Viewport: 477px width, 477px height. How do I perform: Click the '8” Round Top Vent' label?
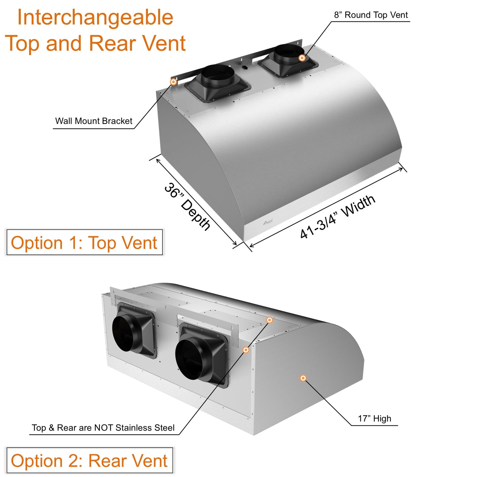point(371,15)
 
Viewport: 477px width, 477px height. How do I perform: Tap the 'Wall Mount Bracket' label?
point(93,121)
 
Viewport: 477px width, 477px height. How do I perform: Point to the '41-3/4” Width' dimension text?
point(337,217)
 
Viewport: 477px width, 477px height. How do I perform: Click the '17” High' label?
point(374,419)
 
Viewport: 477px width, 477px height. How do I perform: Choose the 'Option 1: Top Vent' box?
point(85,243)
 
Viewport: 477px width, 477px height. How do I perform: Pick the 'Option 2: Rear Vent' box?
point(89,460)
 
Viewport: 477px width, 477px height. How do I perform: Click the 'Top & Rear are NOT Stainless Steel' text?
point(103,428)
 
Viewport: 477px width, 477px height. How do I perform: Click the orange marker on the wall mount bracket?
point(173,82)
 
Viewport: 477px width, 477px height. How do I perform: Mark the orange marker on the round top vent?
point(302,58)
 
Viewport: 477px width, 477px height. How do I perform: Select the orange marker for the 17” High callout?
point(303,378)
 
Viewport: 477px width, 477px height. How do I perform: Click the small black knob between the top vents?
point(245,67)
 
